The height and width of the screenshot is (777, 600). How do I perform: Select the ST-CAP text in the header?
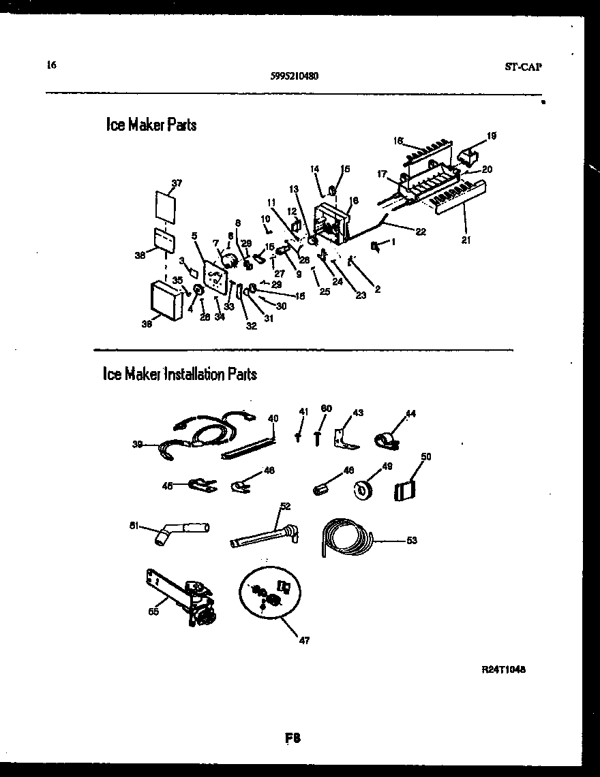[523, 67]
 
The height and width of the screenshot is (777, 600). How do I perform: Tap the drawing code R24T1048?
[503, 669]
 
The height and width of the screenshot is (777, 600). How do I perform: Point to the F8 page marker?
[293, 738]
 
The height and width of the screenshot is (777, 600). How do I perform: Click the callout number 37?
[177, 183]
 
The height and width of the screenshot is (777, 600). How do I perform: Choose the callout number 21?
[465, 240]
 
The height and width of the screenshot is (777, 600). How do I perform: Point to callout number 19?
[491, 136]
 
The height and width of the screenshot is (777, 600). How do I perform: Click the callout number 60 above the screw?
[326, 409]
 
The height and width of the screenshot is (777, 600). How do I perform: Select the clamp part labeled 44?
[387, 440]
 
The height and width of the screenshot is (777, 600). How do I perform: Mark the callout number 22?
[421, 232]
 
